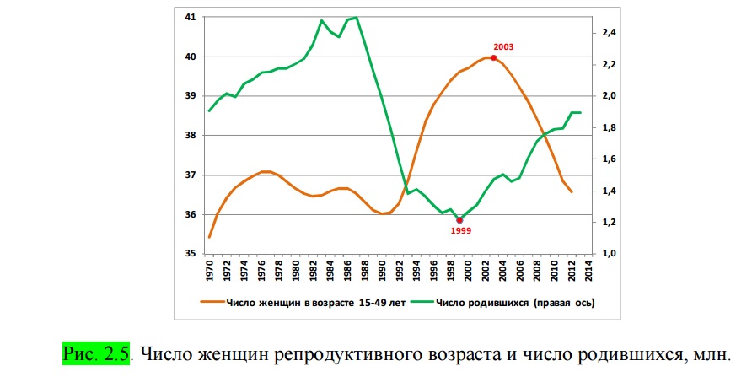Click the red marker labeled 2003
point(493,57)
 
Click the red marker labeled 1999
point(459,220)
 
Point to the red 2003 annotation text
point(502,46)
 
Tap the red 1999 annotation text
point(460,230)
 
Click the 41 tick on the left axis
point(190,18)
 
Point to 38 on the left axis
point(190,136)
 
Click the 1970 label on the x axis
point(208,271)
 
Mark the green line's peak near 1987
point(357,17)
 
